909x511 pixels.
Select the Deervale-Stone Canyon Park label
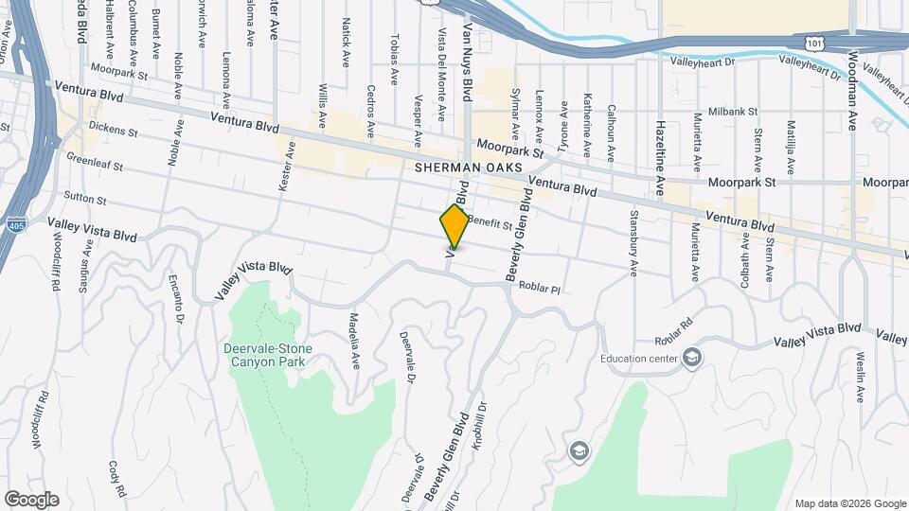coord(267,355)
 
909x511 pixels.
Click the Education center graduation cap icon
coord(692,358)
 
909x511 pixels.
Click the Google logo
coord(31,500)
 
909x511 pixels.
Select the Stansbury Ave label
coord(633,243)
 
